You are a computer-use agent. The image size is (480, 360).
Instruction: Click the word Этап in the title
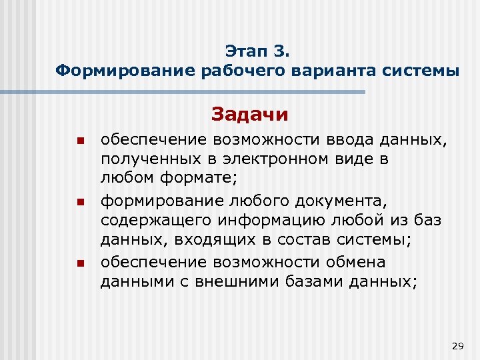pos(245,51)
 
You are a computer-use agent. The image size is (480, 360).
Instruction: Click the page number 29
pos(457,345)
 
